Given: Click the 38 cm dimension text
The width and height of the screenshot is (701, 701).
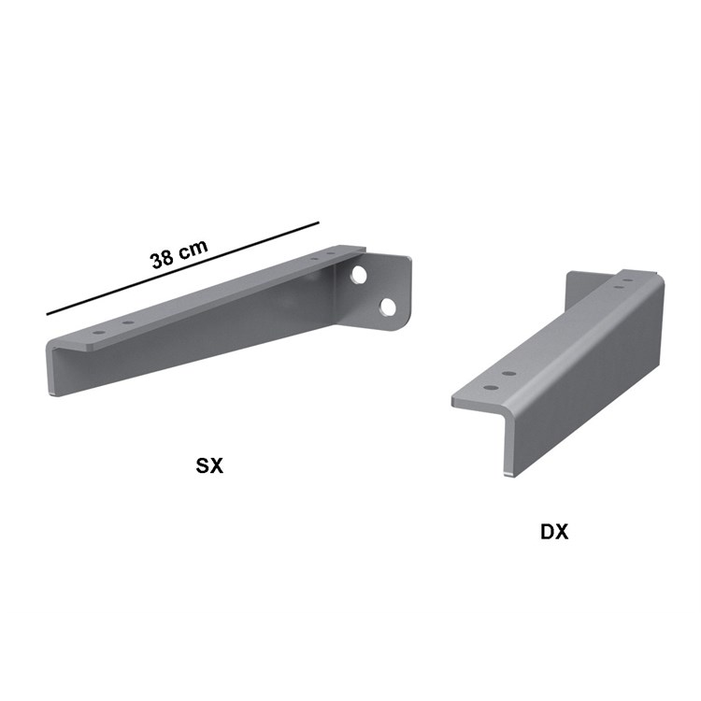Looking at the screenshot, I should pos(179,252).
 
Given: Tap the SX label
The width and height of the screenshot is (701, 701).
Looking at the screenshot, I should pos(209,465).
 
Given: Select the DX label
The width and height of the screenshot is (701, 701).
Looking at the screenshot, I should pos(554,532).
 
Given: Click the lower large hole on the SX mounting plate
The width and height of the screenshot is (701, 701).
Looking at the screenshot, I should pos(387,306).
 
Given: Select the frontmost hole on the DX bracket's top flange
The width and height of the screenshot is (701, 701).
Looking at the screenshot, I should pos(485,384).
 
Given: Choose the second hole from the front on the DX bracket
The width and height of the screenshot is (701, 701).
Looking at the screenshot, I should pos(508,373).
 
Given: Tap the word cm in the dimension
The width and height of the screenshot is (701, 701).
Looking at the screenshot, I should pos(194,247).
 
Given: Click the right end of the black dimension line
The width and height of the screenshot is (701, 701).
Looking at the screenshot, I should pos(319,222).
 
